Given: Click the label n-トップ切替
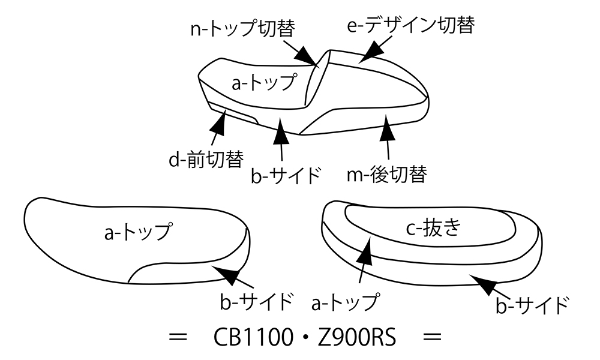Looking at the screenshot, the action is point(242,28).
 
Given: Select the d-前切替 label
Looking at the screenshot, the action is point(206,159).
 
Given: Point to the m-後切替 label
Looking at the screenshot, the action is point(386,175).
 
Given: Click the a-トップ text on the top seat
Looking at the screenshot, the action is point(264,82).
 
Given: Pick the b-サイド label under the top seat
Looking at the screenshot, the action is point(285,176).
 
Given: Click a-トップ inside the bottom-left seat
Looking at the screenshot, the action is point(138,231).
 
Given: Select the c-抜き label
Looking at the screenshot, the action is point(433,228).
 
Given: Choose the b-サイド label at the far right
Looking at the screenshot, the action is point(532,305).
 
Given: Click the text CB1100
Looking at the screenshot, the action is point(253,337).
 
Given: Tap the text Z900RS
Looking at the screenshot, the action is point(357,337).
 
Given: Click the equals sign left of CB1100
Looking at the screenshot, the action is point(178,337).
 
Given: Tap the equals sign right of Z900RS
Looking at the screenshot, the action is point(433,337).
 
